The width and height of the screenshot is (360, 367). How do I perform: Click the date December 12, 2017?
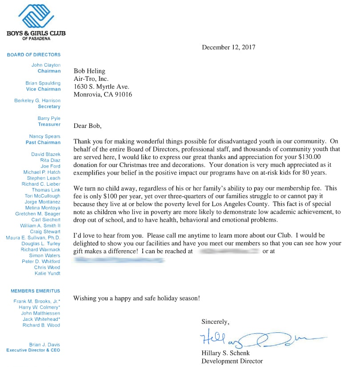[228, 47]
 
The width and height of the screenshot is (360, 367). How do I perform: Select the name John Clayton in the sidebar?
[46, 65]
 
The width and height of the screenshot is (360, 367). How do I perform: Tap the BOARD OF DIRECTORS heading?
[34, 55]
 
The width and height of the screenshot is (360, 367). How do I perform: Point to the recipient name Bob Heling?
[89, 71]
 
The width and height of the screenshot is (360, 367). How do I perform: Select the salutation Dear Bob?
[88, 126]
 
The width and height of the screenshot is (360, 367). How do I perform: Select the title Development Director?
[232, 361]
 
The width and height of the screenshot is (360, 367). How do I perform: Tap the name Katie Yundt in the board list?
[47, 273]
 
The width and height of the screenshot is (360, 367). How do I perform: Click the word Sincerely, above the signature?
[216, 321]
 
